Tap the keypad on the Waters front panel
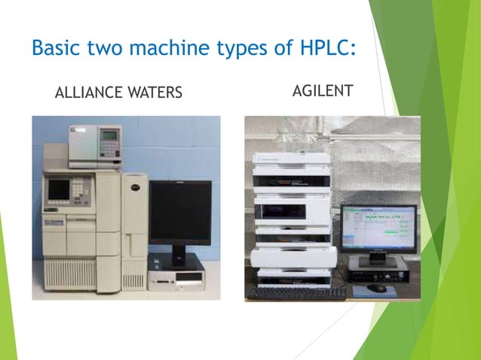[80, 190]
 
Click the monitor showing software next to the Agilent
[378, 228]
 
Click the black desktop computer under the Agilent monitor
[378, 268]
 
